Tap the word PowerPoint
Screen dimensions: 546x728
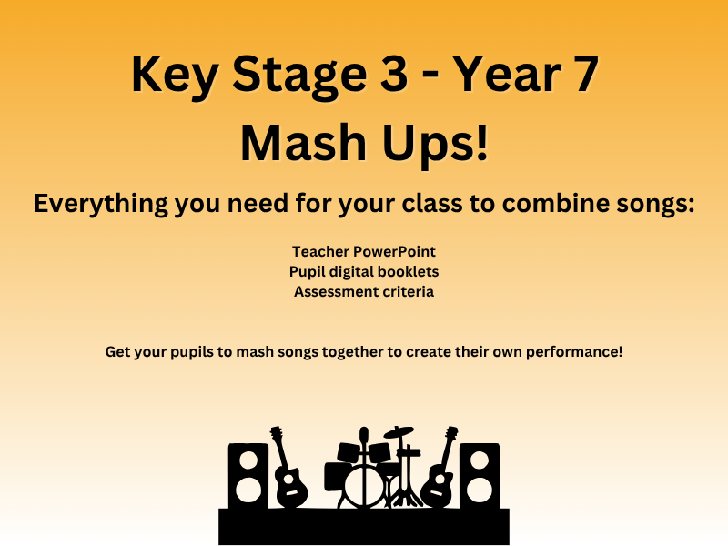click(397, 250)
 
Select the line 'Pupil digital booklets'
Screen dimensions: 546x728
click(364, 271)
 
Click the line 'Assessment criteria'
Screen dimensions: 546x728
click(364, 292)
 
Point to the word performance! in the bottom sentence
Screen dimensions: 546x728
click(580, 350)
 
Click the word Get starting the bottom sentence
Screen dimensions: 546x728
click(117, 350)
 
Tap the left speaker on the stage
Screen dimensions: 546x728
click(248, 474)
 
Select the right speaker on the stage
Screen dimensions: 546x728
click(480, 474)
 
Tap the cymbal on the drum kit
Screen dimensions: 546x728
click(399, 432)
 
